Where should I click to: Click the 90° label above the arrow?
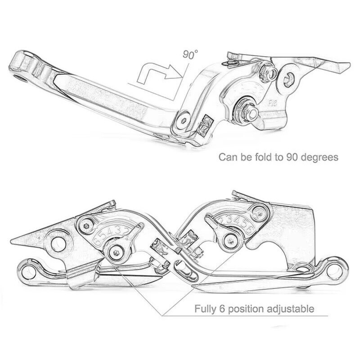pos(190,55)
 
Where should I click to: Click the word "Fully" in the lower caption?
pos(205,309)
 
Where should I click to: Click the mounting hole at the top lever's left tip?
pos(18,72)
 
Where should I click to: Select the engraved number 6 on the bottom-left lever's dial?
pos(96,239)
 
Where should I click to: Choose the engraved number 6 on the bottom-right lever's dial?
pos(248,229)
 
